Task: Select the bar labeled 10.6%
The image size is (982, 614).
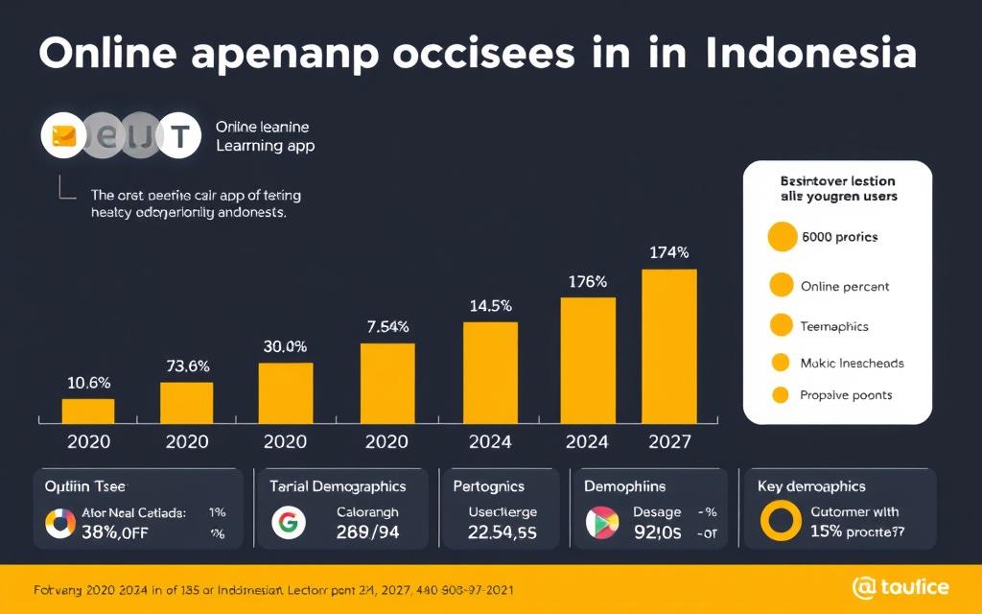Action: click(88, 411)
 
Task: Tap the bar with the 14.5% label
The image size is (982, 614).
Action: click(490, 372)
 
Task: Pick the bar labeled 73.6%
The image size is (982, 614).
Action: click(186, 403)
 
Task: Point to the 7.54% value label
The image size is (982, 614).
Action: click(388, 327)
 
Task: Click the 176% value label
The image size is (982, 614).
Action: click(586, 282)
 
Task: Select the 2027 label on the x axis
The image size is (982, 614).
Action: click(669, 442)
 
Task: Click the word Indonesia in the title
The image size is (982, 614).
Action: click(810, 54)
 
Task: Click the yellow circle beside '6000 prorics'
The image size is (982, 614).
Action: click(783, 237)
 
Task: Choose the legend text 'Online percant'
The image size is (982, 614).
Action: click(844, 286)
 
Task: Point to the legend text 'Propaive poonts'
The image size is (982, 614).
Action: click(846, 394)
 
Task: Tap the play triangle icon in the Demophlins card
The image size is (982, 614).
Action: click(598, 522)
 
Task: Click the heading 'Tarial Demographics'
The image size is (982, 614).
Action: click(339, 486)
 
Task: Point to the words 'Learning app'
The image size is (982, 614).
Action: click(265, 146)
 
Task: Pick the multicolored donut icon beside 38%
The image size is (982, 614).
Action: click(59, 523)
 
